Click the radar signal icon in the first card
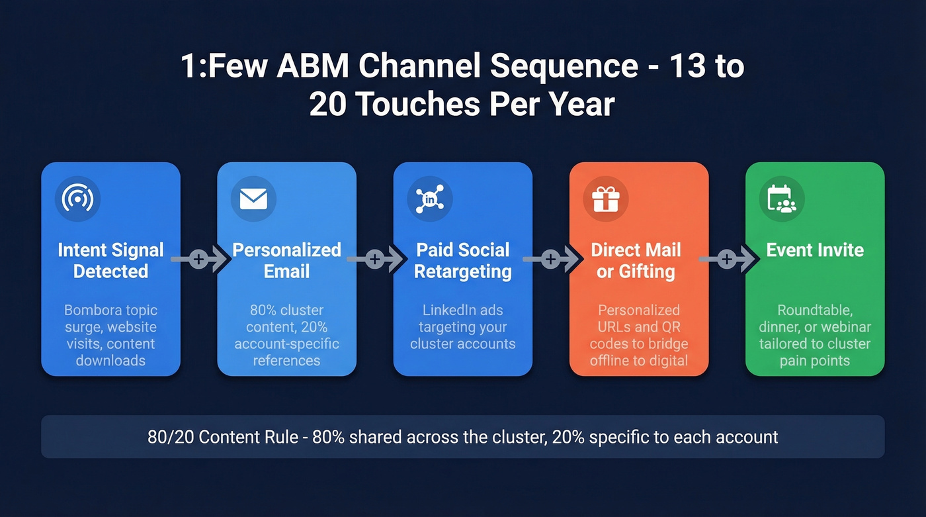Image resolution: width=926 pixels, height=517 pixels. tap(77, 199)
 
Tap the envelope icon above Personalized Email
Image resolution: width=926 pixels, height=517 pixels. tap(253, 199)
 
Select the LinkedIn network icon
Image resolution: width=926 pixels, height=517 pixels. tap(429, 199)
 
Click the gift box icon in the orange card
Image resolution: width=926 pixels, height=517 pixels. tap(605, 199)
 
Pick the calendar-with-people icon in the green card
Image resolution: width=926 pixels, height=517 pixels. tap(781, 199)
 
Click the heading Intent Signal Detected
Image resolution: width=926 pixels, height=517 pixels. tap(110, 261)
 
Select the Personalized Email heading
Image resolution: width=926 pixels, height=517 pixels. tap(286, 261)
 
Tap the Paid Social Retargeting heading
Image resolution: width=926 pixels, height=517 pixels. tap(462, 261)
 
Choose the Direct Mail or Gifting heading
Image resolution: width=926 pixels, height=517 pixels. tap(636, 261)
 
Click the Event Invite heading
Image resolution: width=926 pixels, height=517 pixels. tap(815, 250)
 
